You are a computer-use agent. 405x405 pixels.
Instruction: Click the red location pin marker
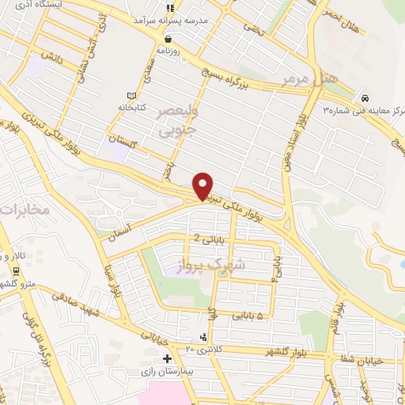click(x=204, y=184)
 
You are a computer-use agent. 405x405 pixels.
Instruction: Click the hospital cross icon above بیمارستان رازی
click(x=167, y=358)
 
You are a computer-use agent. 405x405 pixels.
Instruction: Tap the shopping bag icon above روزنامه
click(x=168, y=38)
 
